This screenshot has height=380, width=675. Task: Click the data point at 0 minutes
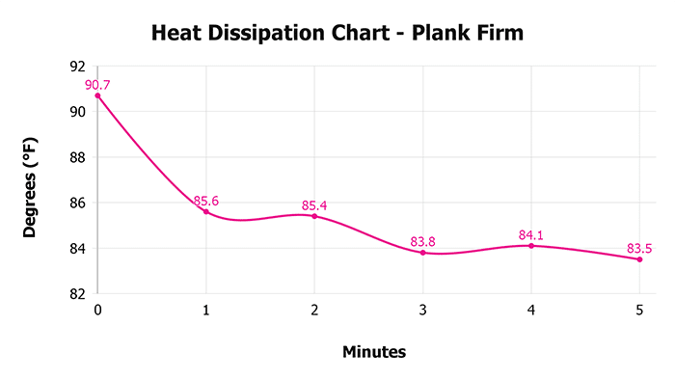97,95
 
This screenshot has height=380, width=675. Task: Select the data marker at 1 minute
205,211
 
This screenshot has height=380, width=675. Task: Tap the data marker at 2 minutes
314,216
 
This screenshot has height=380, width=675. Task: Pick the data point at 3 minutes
422,253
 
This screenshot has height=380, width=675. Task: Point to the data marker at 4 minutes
531,246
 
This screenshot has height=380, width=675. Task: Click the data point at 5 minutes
639,259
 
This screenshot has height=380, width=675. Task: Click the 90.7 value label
97,85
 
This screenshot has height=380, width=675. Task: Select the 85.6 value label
205,201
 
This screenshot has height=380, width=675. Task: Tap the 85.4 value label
314,205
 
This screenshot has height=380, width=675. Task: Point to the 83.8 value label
422,242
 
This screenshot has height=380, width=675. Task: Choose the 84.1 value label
531,234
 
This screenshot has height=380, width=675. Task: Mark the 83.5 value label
639,249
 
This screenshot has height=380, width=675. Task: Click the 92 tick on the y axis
78,67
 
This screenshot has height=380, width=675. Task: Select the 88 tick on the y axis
78,157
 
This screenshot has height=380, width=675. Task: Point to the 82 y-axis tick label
78,293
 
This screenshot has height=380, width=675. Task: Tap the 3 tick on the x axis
422,311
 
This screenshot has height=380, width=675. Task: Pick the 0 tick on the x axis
97,311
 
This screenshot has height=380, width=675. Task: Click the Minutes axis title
374,352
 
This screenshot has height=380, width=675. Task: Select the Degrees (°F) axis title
32,180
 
